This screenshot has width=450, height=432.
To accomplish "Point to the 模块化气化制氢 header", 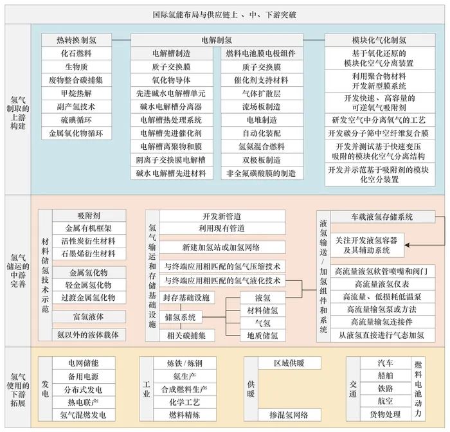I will point(375,40).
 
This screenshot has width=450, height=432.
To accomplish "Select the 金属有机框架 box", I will point(90,228).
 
